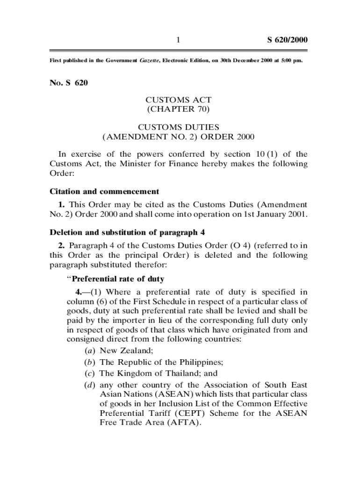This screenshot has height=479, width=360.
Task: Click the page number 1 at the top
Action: tap(178, 40)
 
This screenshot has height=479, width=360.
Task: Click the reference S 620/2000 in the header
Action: tap(287, 40)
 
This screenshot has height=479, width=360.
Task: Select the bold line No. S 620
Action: tap(69, 84)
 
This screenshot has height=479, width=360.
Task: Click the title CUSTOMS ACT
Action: tap(179, 100)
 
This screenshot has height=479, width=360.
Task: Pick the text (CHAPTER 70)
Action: tap(179, 109)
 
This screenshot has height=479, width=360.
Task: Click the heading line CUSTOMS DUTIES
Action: tap(179, 127)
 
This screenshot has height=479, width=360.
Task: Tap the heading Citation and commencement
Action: tap(104, 191)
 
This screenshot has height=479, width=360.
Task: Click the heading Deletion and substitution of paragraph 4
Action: tap(127, 232)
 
